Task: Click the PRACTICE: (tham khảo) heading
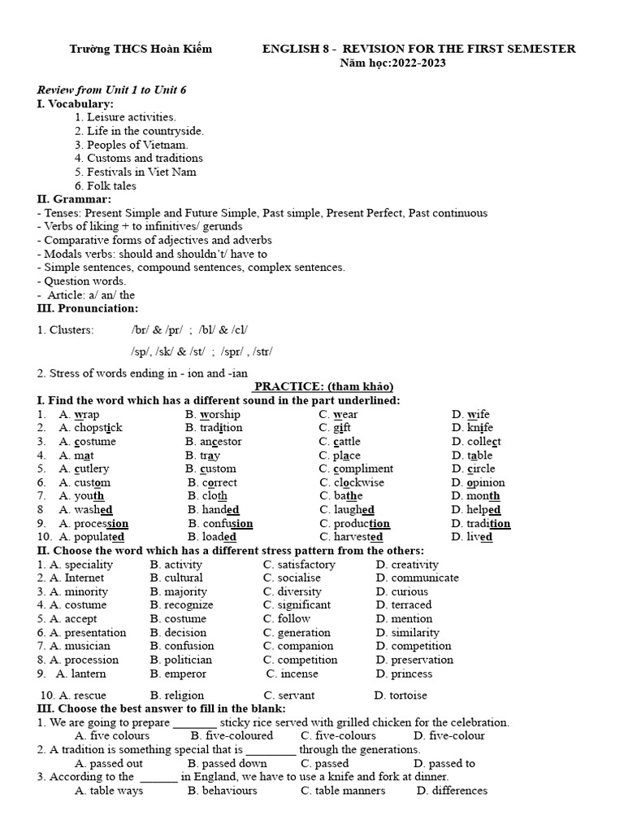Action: coord(323,386)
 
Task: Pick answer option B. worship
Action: coord(213,414)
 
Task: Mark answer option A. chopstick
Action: coord(90,428)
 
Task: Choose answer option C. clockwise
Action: coord(352,482)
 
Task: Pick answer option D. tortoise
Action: coord(401,696)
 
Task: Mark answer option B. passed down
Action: coord(227,763)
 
